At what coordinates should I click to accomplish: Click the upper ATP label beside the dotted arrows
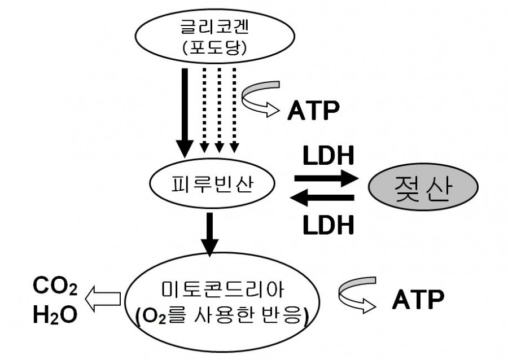[x=314, y=111]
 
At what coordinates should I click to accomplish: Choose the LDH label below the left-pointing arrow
[x=327, y=225]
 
